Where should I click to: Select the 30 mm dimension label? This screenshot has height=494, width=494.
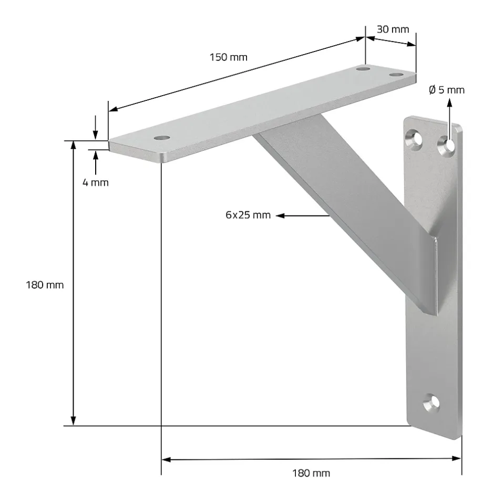(393, 29)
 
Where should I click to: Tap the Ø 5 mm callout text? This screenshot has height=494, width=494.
(447, 90)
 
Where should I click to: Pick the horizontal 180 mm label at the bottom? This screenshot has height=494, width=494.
(311, 473)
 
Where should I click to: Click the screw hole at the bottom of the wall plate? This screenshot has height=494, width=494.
(432, 403)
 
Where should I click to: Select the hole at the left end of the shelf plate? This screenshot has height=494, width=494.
(162, 138)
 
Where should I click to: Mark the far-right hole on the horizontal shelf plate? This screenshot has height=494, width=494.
(395, 75)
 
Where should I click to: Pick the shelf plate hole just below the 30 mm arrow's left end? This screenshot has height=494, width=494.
(362, 68)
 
